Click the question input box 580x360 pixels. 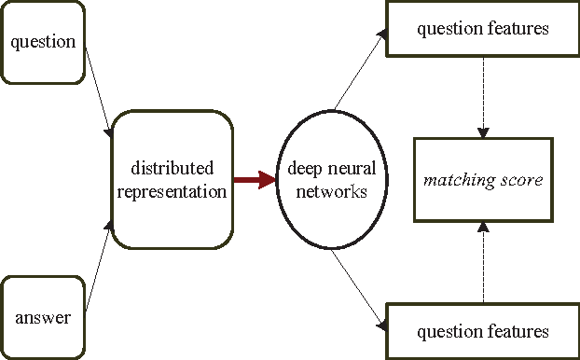(x=43, y=41)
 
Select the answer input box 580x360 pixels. (x=43, y=317)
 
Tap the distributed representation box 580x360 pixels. (x=172, y=179)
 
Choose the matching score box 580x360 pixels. (x=483, y=179)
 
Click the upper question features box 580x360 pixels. (x=482, y=29)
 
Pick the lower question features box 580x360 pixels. (x=482, y=331)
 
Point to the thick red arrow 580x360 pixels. (x=254, y=179)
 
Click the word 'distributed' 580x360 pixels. (x=173, y=169)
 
